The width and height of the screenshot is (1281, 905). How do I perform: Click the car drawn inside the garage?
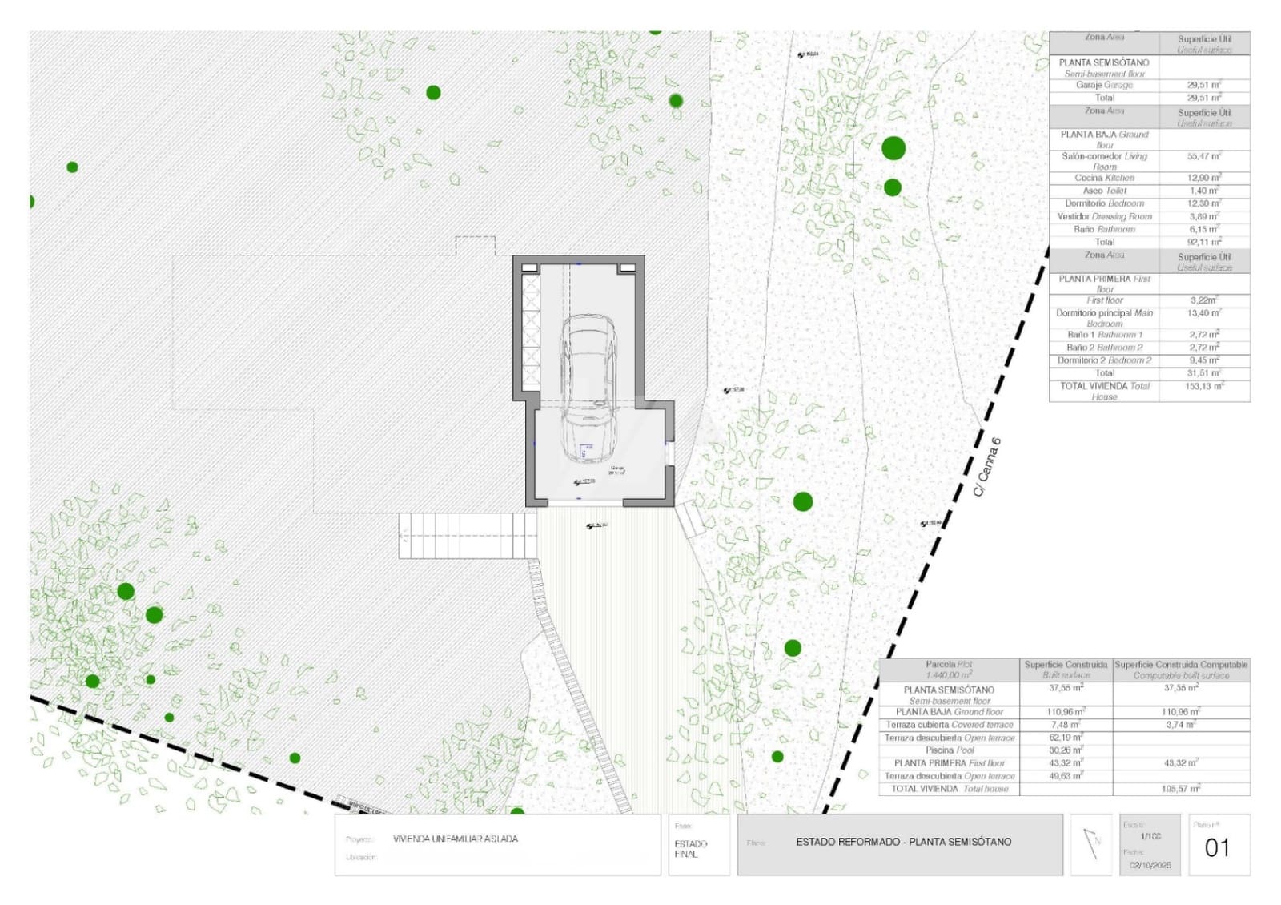tap(588, 384)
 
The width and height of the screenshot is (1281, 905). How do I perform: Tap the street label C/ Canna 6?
tap(986, 467)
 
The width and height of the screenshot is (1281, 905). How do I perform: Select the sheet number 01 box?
tap(1218, 847)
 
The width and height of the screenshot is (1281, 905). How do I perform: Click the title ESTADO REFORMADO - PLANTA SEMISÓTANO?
tap(903, 842)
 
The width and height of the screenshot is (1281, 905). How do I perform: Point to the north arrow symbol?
tap(1091, 844)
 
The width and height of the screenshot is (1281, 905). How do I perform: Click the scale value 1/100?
tap(1150, 836)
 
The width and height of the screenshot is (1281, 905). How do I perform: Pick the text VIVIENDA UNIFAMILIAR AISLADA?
tap(456, 839)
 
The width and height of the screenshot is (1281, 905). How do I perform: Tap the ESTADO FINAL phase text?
tap(690, 849)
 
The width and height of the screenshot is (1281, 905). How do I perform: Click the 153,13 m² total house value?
tap(1204, 386)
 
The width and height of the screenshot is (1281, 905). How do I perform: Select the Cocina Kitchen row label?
tap(1104, 178)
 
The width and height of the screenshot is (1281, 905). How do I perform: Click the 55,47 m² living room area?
tap(1204, 156)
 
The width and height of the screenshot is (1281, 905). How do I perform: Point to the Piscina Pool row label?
tap(950, 750)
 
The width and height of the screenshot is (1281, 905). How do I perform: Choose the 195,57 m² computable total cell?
tap(1181, 789)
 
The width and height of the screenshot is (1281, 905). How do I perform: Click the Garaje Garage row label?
tap(1104, 85)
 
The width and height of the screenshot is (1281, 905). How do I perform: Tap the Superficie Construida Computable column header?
tap(1181, 670)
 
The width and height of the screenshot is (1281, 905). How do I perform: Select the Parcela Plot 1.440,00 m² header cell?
tap(950, 670)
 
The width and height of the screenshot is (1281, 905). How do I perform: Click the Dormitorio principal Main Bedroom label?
tap(1104, 318)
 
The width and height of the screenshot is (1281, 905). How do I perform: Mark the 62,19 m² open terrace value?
tap(1066, 738)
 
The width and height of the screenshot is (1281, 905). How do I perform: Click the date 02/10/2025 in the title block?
tap(1150, 865)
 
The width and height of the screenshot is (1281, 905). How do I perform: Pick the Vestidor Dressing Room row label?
tap(1104, 216)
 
